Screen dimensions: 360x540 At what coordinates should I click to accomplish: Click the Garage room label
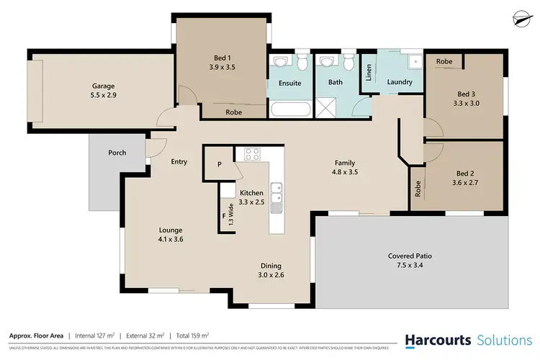point(104,84)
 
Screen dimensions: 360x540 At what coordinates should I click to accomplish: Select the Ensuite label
point(289,84)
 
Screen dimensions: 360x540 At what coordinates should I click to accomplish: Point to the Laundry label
point(400,82)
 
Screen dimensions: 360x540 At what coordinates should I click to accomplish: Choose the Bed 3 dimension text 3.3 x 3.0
point(467,104)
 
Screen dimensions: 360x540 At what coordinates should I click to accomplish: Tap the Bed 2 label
point(467,174)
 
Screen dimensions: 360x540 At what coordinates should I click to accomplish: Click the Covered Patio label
point(410,256)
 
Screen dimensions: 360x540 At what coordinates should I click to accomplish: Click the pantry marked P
point(220,164)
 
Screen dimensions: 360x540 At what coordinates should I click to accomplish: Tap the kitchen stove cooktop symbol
point(252,153)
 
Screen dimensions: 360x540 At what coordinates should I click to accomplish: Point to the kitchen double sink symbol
point(276,194)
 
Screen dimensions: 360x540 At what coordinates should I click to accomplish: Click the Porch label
point(117,153)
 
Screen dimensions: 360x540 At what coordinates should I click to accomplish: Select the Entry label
point(179,162)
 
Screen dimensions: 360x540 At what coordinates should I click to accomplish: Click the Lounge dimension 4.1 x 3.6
point(171,240)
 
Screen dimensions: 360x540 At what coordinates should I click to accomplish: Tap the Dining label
point(271,265)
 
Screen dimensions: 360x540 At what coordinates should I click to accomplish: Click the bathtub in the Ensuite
point(291,110)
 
